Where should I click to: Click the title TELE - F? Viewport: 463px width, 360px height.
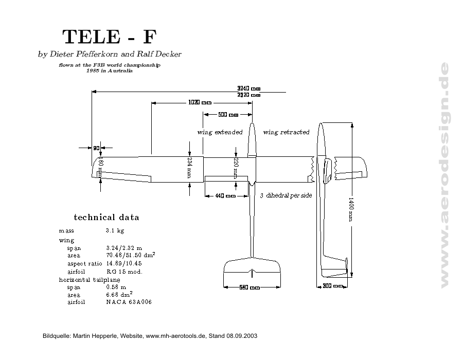pos(109,37)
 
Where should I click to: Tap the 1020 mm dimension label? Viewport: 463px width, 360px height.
pos(200,102)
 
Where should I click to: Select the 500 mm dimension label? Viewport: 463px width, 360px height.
pos(228,114)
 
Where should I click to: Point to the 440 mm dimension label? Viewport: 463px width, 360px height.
pos(225,195)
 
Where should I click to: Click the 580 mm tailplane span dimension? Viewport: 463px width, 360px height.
pos(250,287)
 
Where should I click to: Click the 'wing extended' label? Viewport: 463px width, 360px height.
pos(220,132)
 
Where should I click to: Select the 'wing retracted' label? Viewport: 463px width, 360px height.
pos(286,132)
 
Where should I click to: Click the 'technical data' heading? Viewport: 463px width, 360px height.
pos(106,217)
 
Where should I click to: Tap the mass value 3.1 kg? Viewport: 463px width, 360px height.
pos(115,230)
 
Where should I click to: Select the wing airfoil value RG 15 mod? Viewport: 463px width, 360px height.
pos(124,271)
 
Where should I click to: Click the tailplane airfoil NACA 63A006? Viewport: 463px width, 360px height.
pos(129,302)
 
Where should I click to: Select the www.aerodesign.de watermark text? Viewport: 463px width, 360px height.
pos(444,175)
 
